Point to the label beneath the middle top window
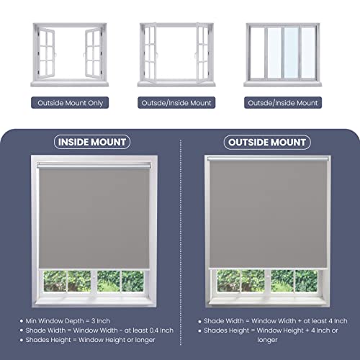(176, 103)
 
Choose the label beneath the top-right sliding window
(283, 103)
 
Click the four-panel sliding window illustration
(283, 54)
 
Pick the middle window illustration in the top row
(176, 54)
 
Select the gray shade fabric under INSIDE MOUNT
(97, 216)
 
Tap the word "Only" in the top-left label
(96, 103)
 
